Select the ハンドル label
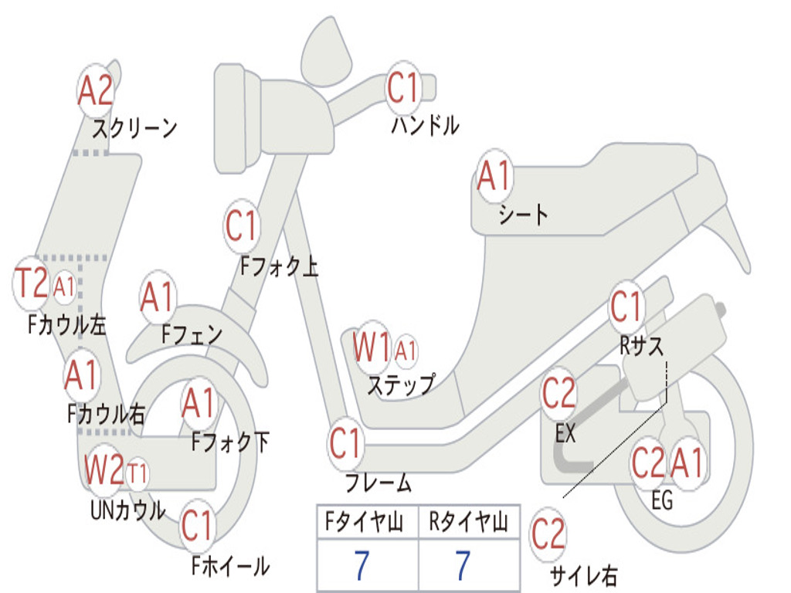[425, 125]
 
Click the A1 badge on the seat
[494, 176]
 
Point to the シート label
[523, 215]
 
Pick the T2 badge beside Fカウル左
[32, 283]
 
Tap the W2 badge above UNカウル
[104, 469]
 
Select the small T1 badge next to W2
[137, 473]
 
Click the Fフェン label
[192, 334]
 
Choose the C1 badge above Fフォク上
[242, 226]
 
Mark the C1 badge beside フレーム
[345, 444]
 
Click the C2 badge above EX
[559, 394]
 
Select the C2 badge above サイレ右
[548, 534]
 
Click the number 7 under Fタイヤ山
[362, 567]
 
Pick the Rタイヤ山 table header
[468, 524]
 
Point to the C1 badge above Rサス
[626, 307]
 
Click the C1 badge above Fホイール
[197, 527]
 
